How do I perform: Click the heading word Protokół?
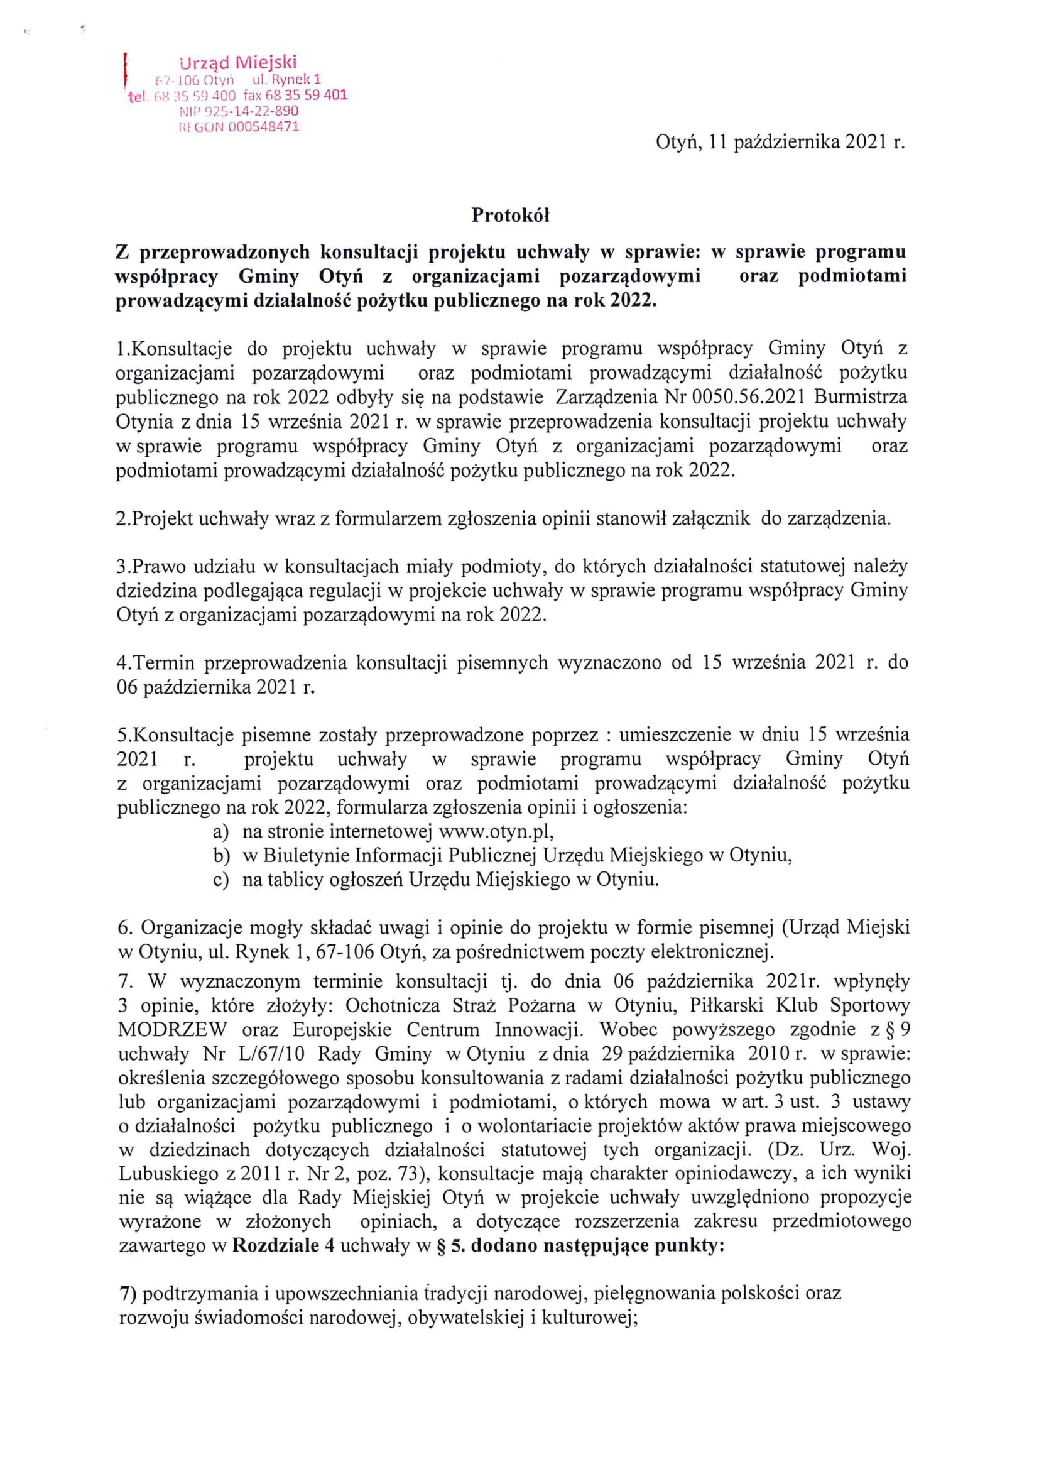[x=511, y=216]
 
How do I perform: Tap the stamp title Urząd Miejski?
[x=239, y=63]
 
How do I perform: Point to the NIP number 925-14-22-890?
[x=255, y=111]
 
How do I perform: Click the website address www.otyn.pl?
[x=495, y=831]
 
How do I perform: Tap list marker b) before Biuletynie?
[x=221, y=855]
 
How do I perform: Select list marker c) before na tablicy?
[x=220, y=880]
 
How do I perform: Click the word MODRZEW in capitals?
[x=173, y=1029]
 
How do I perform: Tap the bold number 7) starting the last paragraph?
[x=129, y=1294]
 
